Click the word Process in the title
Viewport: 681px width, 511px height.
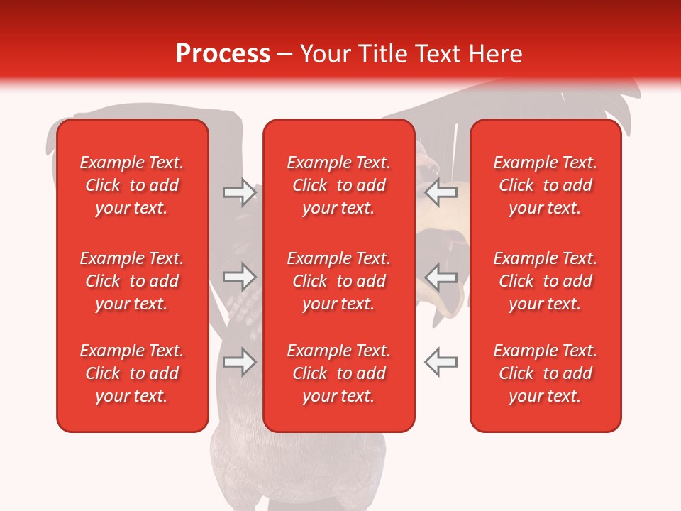(x=223, y=54)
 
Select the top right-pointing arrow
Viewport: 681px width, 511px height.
(x=240, y=192)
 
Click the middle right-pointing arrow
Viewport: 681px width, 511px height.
(x=240, y=278)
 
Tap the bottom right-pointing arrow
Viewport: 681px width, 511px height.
(x=240, y=362)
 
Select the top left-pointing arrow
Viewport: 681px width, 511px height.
(x=441, y=192)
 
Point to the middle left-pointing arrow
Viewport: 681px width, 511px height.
(x=441, y=278)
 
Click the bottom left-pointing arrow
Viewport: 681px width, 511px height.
(x=441, y=362)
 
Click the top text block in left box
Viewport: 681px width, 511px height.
(x=132, y=185)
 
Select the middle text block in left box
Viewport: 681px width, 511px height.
(x=132, y=281)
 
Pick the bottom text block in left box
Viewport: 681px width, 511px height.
(x=132, y=373)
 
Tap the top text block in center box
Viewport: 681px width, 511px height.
(x=339, y=185)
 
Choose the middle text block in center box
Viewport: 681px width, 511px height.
(x=339, y=281)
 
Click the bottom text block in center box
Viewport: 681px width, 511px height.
(x=339, y=373)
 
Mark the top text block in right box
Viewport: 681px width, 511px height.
(x=546, y=185)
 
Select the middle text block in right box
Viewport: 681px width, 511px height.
(x=546, y=281)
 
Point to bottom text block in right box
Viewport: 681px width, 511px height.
(x=546, y=373)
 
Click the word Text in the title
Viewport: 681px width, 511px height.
(x=439, y=54)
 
